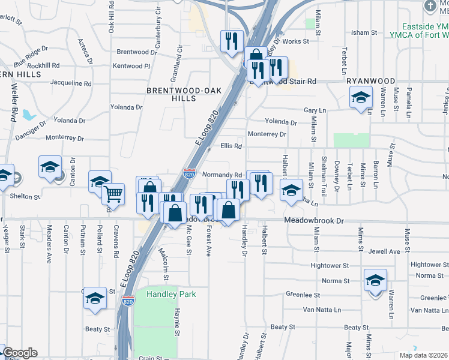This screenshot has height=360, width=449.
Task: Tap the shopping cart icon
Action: tap(113, 194)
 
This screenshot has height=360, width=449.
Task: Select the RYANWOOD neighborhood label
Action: tap(370, 81)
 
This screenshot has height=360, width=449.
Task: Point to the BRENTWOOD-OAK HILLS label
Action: tap(172, 94)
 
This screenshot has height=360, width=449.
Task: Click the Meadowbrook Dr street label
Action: tap(314, 221)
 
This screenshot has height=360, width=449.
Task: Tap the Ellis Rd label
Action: tap(231, 146)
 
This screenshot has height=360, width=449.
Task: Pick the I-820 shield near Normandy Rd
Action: tap(189, 174)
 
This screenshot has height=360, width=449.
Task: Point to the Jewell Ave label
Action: tap(384, 251)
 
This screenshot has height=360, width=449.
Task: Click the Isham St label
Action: tap(364, 32)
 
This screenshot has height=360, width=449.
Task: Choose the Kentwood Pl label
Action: tap(127, 66)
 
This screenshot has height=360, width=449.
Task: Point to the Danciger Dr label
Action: tap(31, 131)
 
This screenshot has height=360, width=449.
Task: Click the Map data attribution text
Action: tap(423, 355)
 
